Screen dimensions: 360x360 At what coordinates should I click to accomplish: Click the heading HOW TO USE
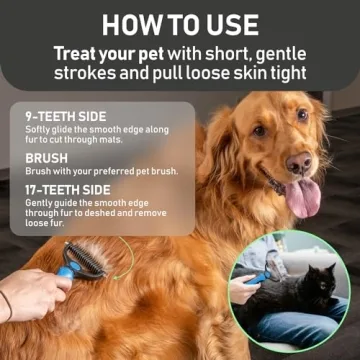coord(180,23)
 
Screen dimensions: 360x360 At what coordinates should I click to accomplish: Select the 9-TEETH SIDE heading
coord(65,115)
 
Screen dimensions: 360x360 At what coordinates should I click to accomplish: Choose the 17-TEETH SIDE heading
coord(69,188)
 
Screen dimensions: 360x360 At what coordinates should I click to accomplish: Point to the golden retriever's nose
coord(299,163)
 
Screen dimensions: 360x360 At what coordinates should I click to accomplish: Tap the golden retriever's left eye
coord(303,116)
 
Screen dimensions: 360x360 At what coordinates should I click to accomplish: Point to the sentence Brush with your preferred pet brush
coord(100,171)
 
